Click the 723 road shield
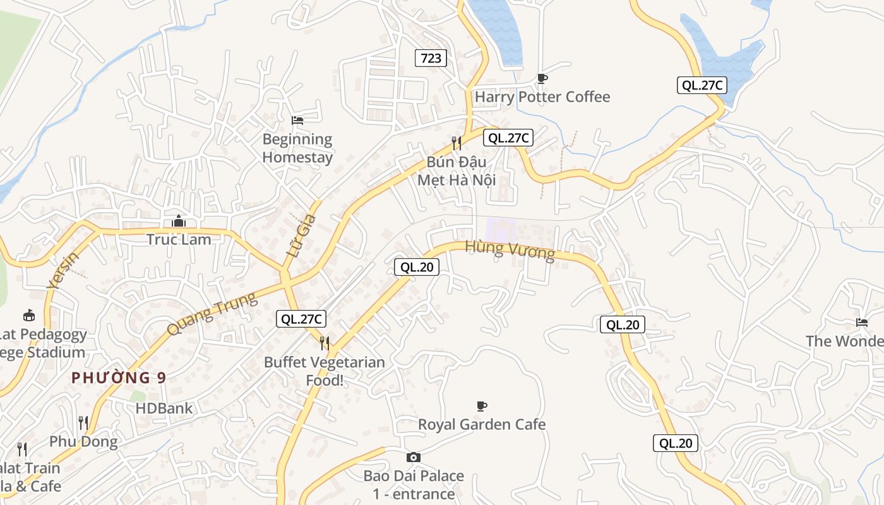click(431, 59)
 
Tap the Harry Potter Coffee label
click(542, 97)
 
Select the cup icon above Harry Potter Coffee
click(542, 78)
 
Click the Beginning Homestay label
click(297, 148)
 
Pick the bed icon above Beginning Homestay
click(297, 120)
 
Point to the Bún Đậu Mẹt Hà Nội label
click(456, 170)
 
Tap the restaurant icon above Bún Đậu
click(456, 143)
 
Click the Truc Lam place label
click(179, 239)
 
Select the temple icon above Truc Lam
click(179, 221)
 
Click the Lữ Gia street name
click(301, 235)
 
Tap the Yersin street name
click(63, 270)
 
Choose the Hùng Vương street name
click(510, 250)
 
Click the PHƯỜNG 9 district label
click(119, 377)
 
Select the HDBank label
click(164, 408)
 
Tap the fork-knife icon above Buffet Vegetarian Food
click(325, 343)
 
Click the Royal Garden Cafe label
click(482, 424)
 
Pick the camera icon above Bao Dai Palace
click(414, 457)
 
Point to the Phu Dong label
click(83, 441)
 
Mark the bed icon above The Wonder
click(862, 323)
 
